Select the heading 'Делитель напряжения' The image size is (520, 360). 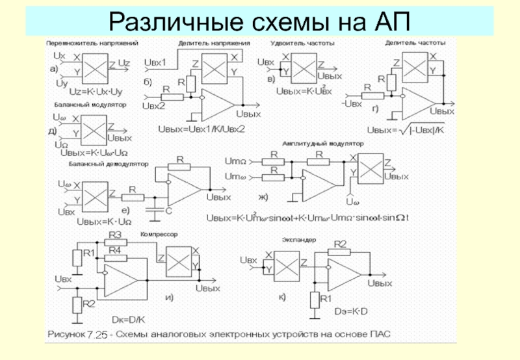[x=214, y=43]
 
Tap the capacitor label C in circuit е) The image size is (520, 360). [x=168, y=211]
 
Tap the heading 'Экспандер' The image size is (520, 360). [x=299, y=239]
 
